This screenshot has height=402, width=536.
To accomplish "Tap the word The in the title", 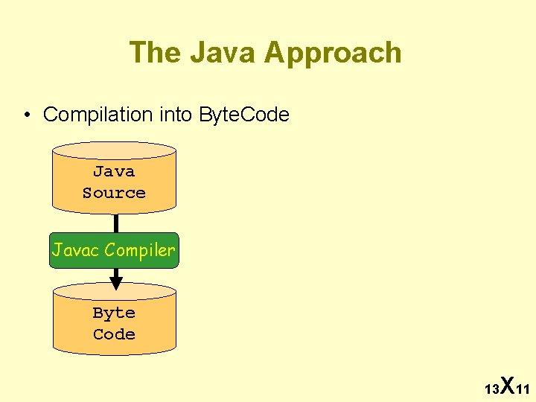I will click(156, 53).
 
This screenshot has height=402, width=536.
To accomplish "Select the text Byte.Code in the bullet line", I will click(244, 115).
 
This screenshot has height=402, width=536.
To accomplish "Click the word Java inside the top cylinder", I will click(114, 171).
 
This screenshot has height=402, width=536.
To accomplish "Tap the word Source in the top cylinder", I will click(114, 193).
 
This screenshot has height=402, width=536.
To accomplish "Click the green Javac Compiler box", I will click(114, 250).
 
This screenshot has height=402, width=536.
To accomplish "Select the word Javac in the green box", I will click(76, 250).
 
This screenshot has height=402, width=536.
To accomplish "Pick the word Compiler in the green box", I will click(140, 250).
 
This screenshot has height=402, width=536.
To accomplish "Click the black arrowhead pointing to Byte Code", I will click(115, 282).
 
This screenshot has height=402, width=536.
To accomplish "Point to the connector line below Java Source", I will click(115, 223).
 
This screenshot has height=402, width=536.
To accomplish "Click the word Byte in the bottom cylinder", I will click(114, 313).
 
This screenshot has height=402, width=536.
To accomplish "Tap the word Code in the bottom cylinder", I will click(114, 334).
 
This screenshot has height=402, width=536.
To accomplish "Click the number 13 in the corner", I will click(491, 389).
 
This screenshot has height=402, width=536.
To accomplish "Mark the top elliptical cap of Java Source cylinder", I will click(114, 150).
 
